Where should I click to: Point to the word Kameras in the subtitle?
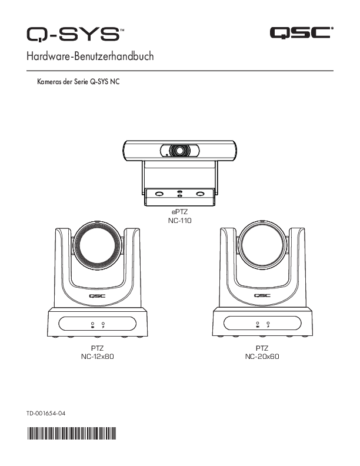point(49,83)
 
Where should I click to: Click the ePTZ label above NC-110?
point(180,212)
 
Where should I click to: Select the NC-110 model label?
point(180,221)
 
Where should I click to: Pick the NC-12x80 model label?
point(97,357)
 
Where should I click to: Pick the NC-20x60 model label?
point(262,357)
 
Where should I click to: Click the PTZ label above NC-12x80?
point(97,348)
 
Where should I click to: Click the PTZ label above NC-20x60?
point(262,348)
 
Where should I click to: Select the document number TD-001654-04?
point(45,414)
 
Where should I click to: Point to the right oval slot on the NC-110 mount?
point(201,193)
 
